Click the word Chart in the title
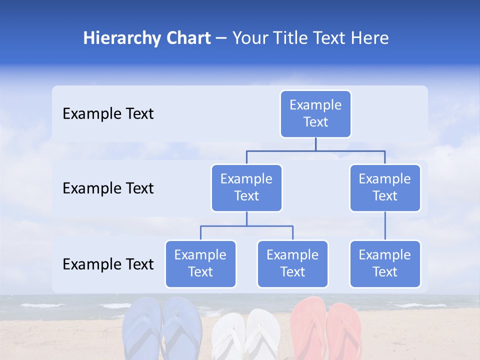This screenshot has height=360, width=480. (188, 38)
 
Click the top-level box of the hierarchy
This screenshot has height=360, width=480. (315, 114)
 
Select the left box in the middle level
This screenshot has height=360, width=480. (246, 187)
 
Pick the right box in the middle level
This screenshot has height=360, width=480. (385, 187)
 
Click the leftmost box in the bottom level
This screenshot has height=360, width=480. (200, 263)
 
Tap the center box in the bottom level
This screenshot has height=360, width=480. (292, 263)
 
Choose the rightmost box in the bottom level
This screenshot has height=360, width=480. (385, 263)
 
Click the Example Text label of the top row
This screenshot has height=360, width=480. (108, 114)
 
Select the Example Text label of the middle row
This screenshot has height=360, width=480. (108, 188)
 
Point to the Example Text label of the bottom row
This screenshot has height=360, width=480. (108, 264)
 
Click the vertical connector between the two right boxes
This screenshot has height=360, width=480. (385, 226)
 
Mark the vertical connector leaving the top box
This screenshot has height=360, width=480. (315, 144)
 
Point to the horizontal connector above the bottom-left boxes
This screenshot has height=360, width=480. (246, 226)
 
